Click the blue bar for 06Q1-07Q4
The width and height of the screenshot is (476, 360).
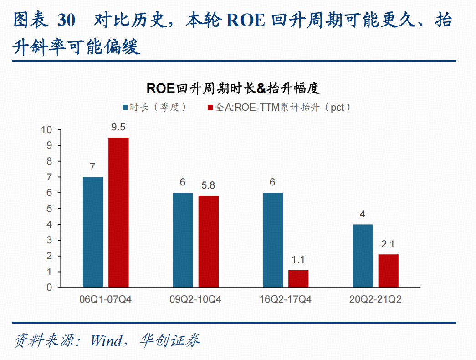(93, 232)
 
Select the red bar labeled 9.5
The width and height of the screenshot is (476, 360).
(119, 212)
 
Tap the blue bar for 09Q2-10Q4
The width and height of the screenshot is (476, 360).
(183, 240)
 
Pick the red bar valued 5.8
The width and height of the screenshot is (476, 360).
(209, 242)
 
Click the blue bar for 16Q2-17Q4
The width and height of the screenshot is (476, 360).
(272, 240)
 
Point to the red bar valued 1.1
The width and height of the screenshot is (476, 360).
(298, 278)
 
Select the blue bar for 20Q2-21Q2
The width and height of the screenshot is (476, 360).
(363, 256)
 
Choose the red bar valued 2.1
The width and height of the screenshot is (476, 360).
(388, 271)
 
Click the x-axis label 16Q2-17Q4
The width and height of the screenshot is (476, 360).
(285, 299)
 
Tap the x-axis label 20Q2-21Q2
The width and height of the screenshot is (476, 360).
(375, 299)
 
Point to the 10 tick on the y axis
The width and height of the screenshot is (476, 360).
(47, 130)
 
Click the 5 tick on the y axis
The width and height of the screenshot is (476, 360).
(49, 209)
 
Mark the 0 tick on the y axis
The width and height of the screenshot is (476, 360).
(49, 288)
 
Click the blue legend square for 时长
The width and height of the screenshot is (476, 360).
(125, 108)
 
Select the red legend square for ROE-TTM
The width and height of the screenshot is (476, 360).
(210, 108)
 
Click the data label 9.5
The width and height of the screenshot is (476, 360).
(118, 127)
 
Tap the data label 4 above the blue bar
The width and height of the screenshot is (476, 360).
(363, 214)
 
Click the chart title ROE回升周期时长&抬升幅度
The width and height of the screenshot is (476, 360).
(233, 88)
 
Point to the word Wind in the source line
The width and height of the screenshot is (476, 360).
(106, 340)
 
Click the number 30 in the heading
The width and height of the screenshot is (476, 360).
(66, 21)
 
